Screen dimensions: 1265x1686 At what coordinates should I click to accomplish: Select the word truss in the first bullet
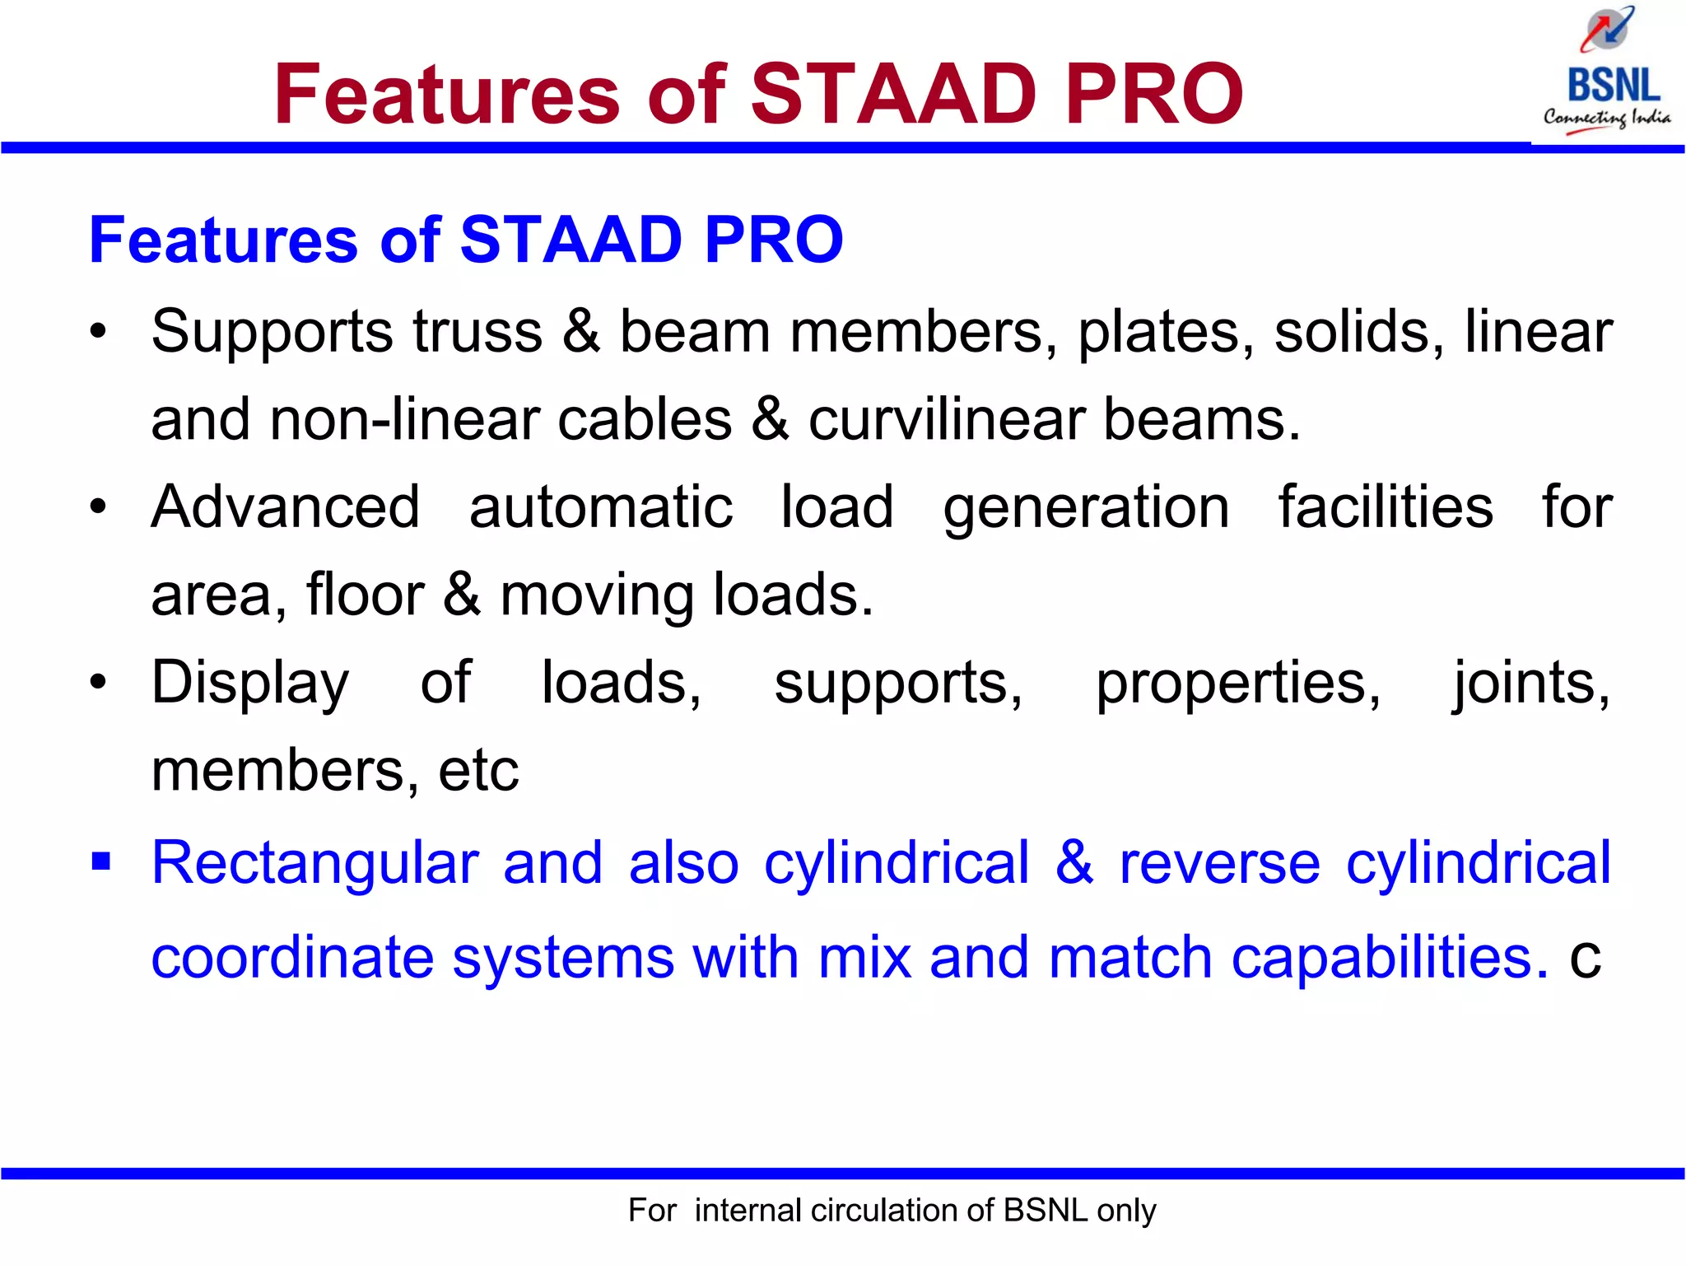pos(477,332)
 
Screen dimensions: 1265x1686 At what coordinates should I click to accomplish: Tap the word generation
pos(1086,509)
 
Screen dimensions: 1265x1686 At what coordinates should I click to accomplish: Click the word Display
pos(250,684)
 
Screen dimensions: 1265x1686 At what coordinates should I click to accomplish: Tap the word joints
pos(1530,684)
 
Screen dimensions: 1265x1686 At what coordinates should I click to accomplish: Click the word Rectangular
pos(314,864)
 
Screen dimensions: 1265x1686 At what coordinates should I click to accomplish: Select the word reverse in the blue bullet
pos(1219,864)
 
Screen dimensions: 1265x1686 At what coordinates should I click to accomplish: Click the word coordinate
pos(292,957)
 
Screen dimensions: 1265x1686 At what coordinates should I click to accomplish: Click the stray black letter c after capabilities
pos(1585,959)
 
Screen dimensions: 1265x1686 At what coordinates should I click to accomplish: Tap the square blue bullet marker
pos(100,862)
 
